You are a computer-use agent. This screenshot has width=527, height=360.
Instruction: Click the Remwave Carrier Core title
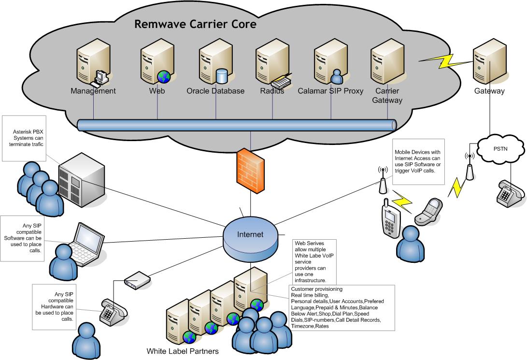click(x=195, y=24)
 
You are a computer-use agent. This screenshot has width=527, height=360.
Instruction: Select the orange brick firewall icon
click(x=250, y=169)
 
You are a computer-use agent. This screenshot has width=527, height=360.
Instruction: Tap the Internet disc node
click(x=250, y=235)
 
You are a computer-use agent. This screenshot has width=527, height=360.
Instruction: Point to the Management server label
click(x=93, y=91)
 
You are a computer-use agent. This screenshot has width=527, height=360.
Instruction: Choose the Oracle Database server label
click(x=215, y=91)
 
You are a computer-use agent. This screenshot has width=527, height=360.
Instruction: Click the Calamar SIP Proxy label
click(x=330, y=91)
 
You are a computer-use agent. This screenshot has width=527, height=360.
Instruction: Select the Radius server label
click(x=272, y=91)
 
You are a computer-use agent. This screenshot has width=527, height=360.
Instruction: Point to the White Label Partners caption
click(x=182, y=351)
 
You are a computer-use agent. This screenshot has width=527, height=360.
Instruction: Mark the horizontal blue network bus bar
click(x=237, y=125)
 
